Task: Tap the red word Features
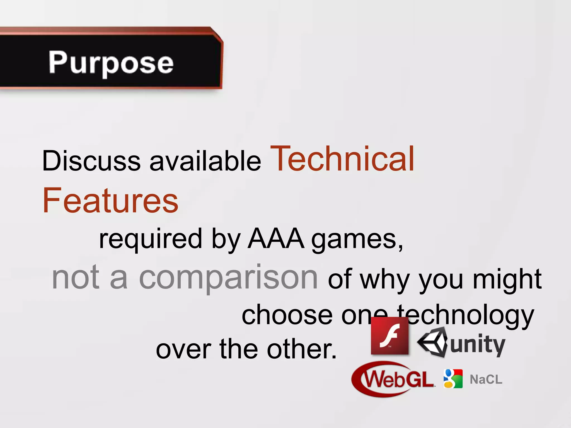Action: (x=110, y=201)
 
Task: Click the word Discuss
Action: (x=91, y=161)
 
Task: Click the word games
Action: (x=357, y=240)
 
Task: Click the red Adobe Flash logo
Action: (x=389, y=336)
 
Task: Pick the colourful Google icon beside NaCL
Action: (x=453, y=379)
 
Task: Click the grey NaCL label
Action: (x=486, y=380)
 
